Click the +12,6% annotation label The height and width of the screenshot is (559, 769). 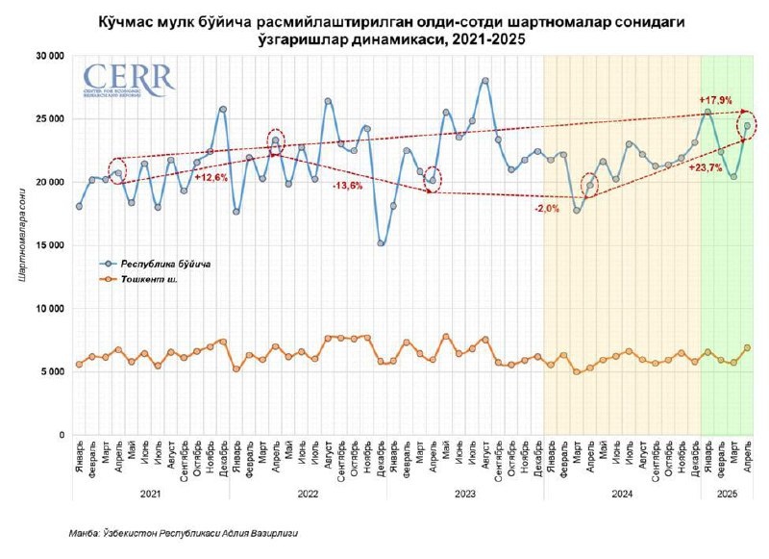tap(211, 177)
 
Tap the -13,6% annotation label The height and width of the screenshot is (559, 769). tap(348, 186)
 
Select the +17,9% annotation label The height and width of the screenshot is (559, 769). tap(715, 100)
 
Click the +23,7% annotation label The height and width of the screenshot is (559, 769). tap(706, 166)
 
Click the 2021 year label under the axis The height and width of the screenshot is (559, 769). tap(149, 494)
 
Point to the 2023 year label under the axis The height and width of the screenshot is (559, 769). tap(464, 494)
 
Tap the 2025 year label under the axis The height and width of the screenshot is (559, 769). tap(727, 494)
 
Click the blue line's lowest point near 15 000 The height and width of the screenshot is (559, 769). tap(381, 243)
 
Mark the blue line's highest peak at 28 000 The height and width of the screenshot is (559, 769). tap(485, 81)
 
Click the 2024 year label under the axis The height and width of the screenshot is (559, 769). tap(621, 494)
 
